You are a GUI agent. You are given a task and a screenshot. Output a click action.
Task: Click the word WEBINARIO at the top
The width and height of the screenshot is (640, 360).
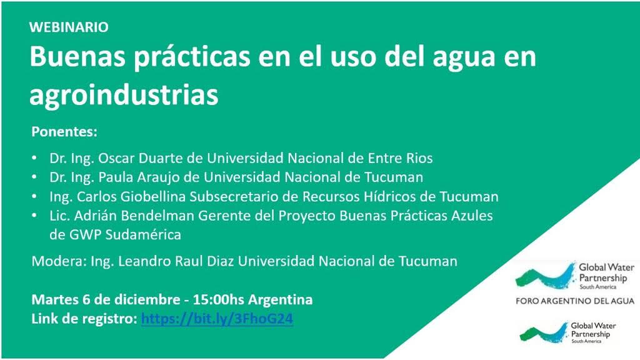tap(69, 27)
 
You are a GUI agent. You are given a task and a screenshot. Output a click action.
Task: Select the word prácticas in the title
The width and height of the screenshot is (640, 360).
tap(192, 57)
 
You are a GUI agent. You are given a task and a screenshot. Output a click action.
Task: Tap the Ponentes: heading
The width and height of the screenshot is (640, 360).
tap(64, 132)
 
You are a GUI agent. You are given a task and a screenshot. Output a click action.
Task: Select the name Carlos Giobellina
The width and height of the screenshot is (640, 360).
tap(131, 196)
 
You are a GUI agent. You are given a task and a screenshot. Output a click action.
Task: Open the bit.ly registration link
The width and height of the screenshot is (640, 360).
tap(217, 319)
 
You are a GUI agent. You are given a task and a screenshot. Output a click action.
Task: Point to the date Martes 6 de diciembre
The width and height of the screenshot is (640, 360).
tap(106, 299)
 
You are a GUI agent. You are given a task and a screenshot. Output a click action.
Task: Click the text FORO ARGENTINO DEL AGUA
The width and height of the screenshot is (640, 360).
tap(575, 301)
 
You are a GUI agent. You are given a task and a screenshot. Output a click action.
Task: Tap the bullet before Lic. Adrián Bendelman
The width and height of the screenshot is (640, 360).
tap(35, 215)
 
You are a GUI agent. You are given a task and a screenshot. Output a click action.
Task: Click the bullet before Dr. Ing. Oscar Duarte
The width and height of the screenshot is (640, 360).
tap(35, 158)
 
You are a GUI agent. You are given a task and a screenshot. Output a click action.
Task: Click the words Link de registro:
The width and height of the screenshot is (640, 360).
tap(84, 319)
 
